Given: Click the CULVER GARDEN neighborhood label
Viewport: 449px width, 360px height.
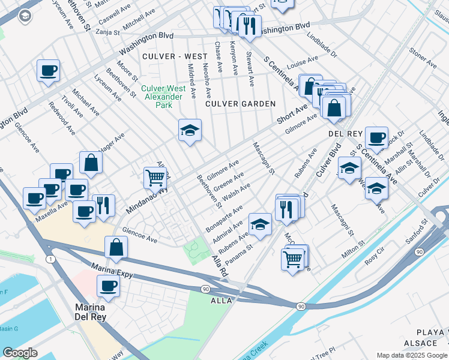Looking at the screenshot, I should tap(240, 104).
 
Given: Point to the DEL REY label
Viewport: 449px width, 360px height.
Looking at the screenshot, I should tap(343, 133).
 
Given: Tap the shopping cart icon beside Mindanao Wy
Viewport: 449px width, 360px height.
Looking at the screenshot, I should tap(155, 178).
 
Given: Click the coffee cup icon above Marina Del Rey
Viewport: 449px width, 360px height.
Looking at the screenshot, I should tap(108, 286).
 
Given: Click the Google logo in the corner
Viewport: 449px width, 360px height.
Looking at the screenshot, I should tap(20, 353).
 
